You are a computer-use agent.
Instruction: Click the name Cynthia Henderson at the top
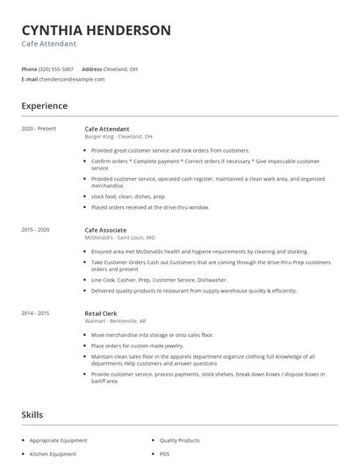96,30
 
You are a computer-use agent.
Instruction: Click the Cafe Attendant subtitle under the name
49,44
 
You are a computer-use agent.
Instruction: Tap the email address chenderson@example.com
73,79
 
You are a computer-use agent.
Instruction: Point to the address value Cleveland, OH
121,68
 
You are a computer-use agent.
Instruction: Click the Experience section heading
44,106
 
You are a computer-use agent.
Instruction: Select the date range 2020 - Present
38,129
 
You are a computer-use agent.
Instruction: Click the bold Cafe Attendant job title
107,129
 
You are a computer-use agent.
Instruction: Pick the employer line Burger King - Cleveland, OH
119,137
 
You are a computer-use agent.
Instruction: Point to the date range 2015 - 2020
36,229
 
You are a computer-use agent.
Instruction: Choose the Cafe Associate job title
106,229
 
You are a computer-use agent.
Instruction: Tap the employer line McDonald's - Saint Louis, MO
119,237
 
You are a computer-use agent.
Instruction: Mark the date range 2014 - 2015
36,313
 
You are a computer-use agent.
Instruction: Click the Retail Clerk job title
101,313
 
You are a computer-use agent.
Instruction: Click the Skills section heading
32,413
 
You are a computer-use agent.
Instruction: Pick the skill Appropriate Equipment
58,440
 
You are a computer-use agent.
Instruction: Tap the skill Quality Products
180,440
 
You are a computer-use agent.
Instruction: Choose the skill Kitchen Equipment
53,454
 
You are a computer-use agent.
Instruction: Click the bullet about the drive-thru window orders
150,207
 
